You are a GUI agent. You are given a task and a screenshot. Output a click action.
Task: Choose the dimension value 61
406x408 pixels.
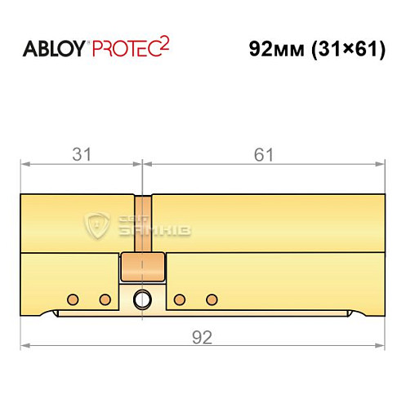tap(264, 153)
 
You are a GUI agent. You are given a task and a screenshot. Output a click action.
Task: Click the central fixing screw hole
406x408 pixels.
tap(143, 299)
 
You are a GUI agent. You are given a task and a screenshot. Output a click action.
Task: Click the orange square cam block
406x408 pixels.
tap(143, 265)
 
